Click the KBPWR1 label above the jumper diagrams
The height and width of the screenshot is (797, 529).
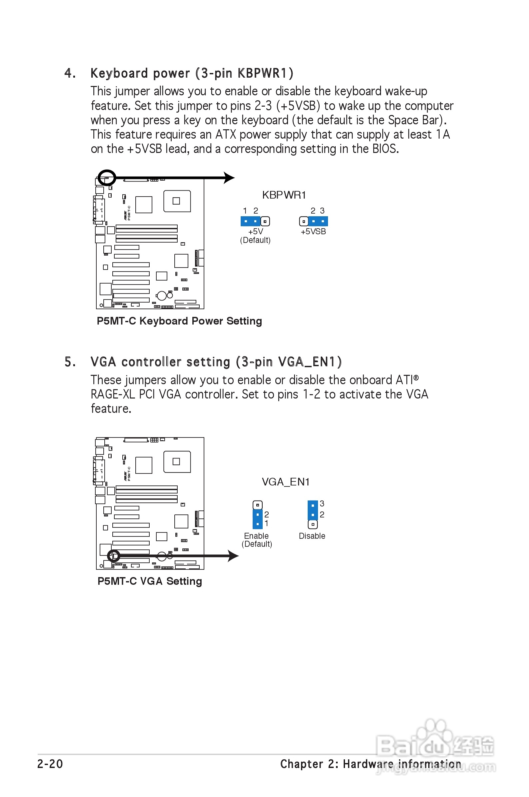pyautogui.click(x=284, y=195)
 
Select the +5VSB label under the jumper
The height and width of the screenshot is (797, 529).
pyautogui.click(x=313, y=232)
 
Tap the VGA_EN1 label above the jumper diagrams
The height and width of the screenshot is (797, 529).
pyautogui.click(x=285, y=482)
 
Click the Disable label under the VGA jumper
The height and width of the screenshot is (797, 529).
pyautogui.click(x=312, y=536)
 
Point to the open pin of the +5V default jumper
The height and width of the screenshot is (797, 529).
pyautogui.click(x=265, y=222)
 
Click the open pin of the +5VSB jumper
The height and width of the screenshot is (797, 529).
pyautogui.click(x=304, y=222)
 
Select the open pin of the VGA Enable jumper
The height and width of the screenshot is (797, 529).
pyautogui.click(x=257, y=505)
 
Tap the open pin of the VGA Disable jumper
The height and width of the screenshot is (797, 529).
pyautogui.click(x=313, y=524)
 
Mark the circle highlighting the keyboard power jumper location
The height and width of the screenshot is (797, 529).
pyautogui.click(x=107, y=178)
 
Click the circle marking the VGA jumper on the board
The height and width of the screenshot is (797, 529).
pyautogui.click(x=114, y=556)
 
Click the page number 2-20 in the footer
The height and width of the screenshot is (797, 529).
pyautogui.click(x=50, y=764)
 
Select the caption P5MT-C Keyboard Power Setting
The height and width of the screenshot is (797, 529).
pyautogui.click(x=179, y=321)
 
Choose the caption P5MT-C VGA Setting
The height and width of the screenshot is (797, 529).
pyautogui.click(x=149, y=581)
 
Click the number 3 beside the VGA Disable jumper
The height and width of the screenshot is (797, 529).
pyautogui.click(x=322, y=504)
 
